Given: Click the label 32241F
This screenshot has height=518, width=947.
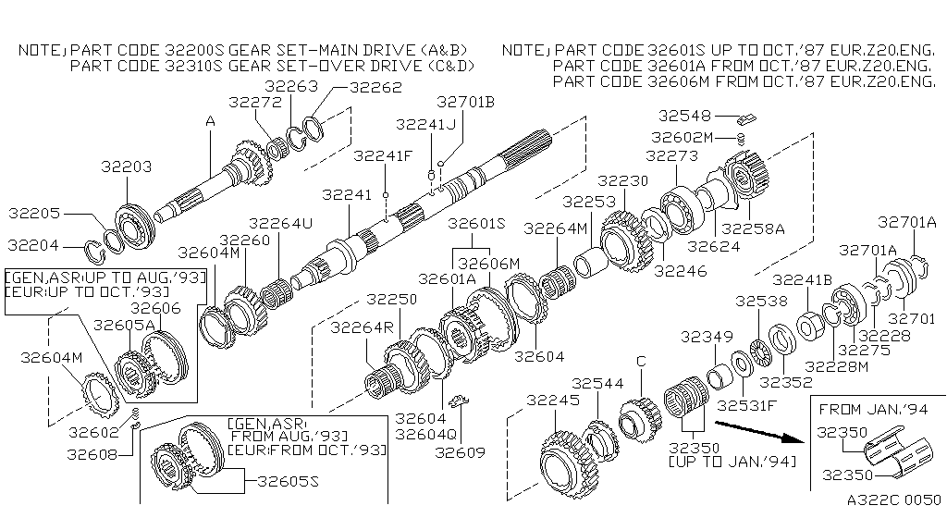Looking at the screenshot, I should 385,155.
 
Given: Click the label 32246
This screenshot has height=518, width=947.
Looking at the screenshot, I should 681,271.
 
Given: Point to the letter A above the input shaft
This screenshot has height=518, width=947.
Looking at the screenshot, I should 210,120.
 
